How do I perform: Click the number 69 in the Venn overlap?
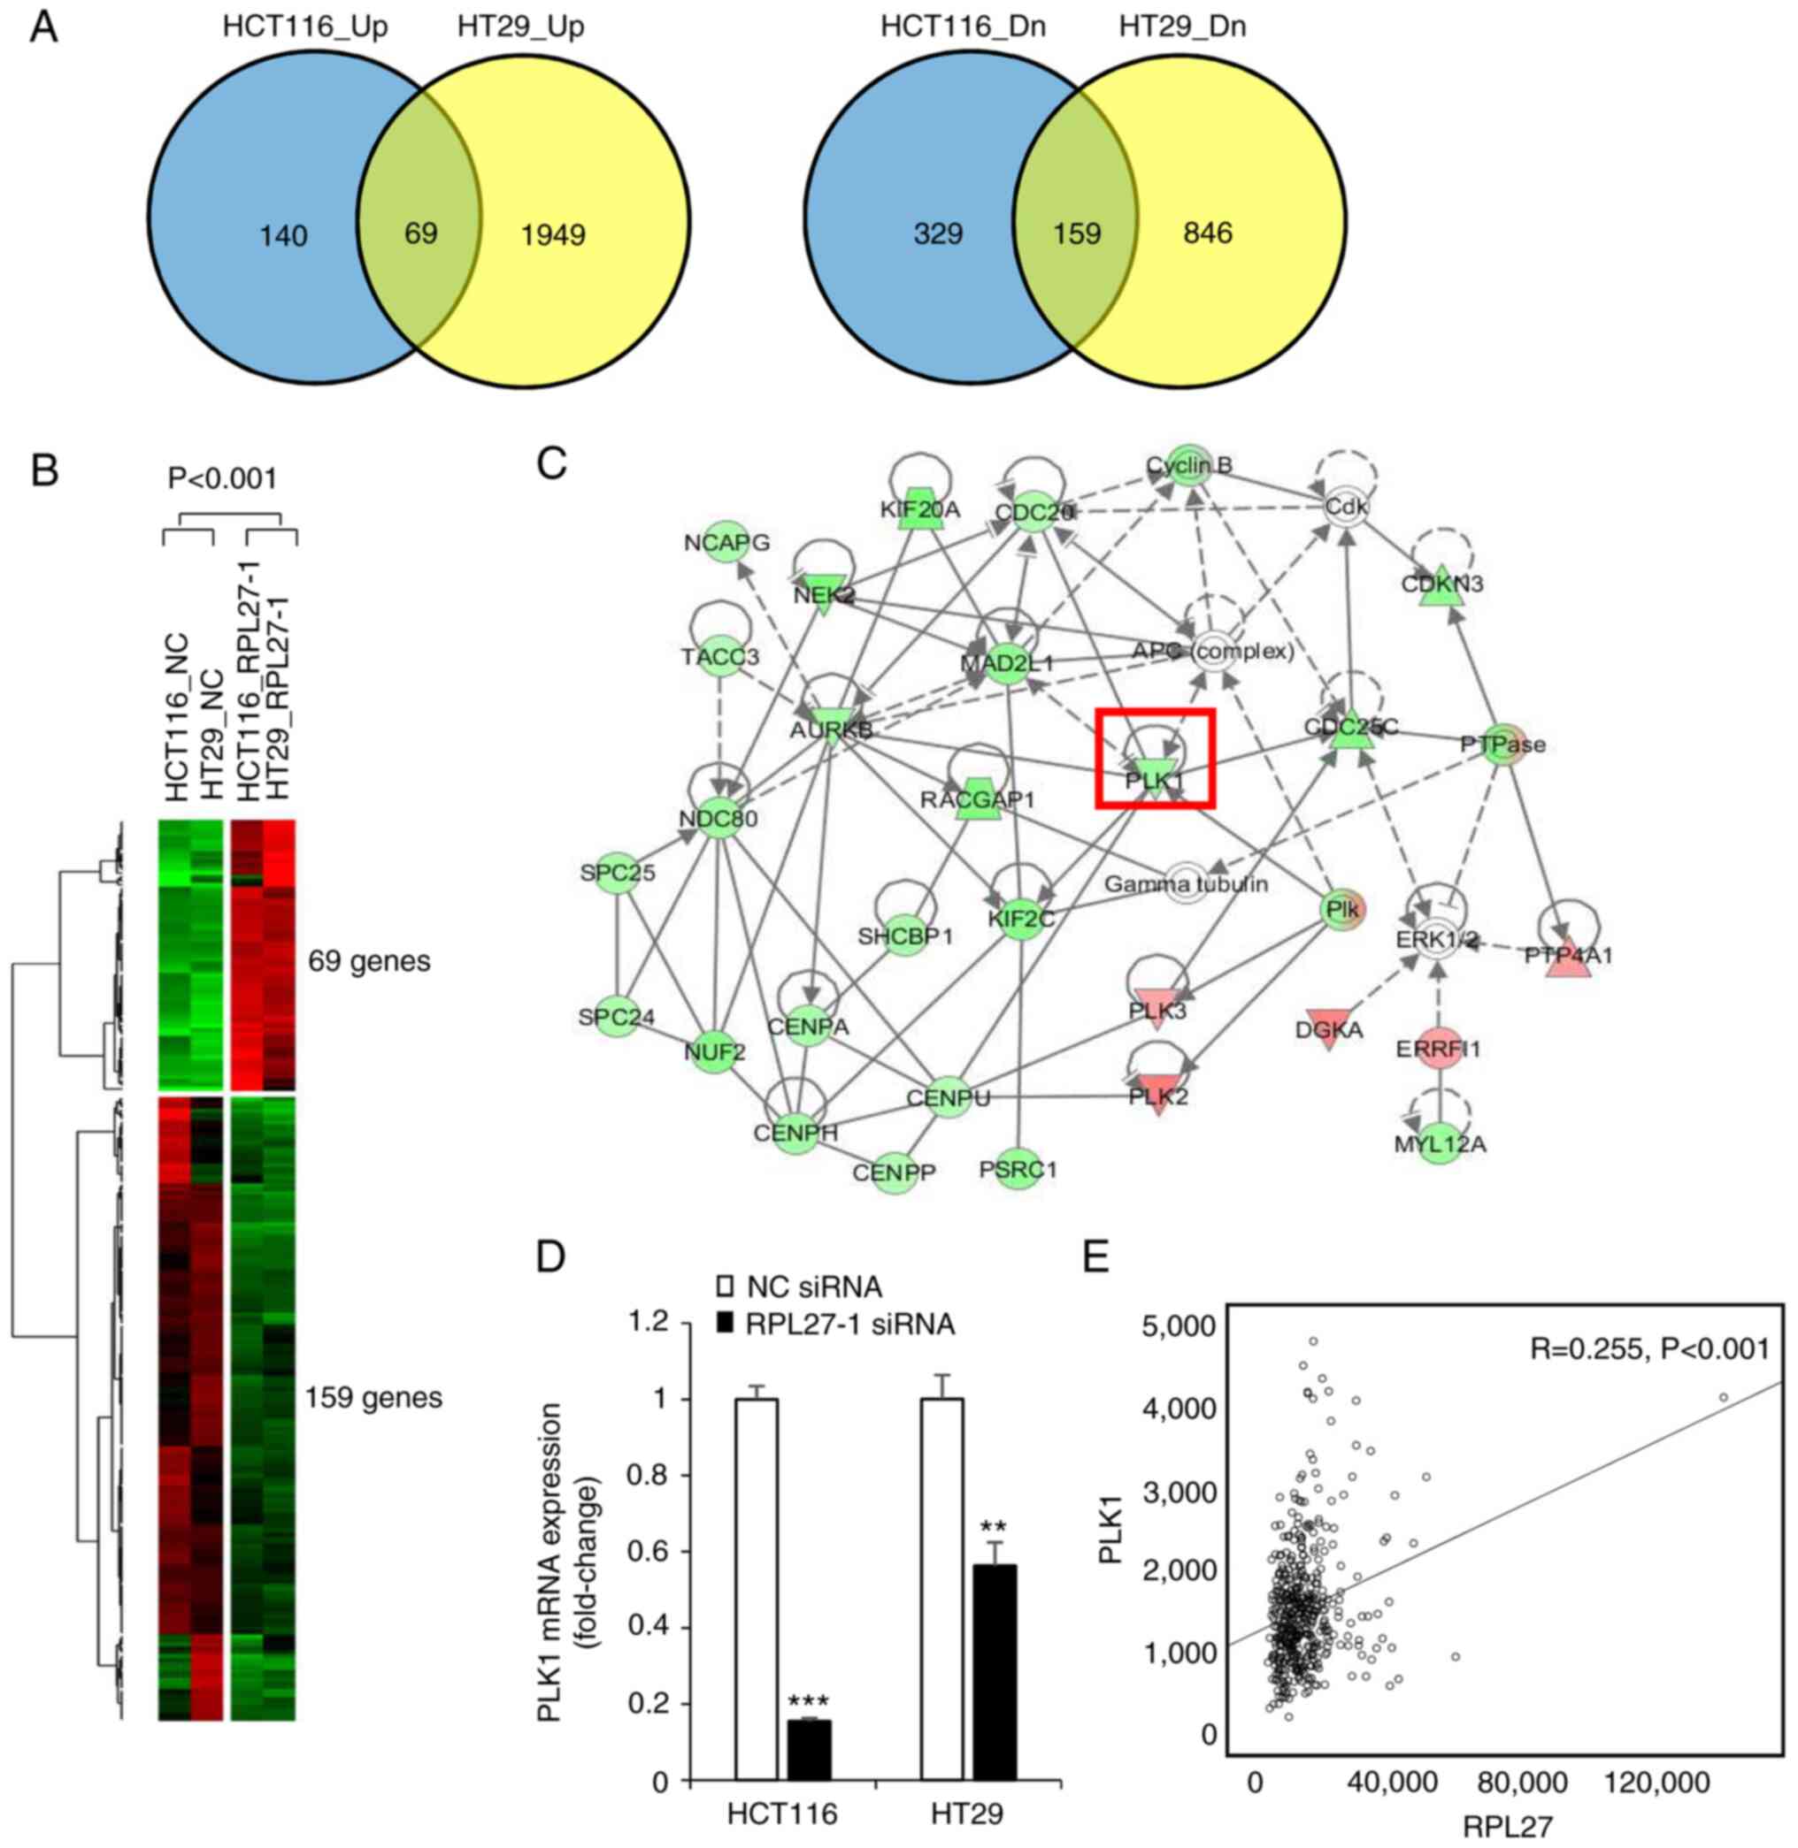(421, 233)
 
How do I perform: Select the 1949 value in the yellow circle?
(552, 234)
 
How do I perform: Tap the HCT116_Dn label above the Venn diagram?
(963, 27)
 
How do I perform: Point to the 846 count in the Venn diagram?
(1207, 233)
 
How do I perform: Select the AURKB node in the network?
(831, 728)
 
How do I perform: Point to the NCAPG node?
(727, 542)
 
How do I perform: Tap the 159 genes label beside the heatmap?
(373, 1397)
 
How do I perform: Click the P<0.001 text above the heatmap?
(223, 478)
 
